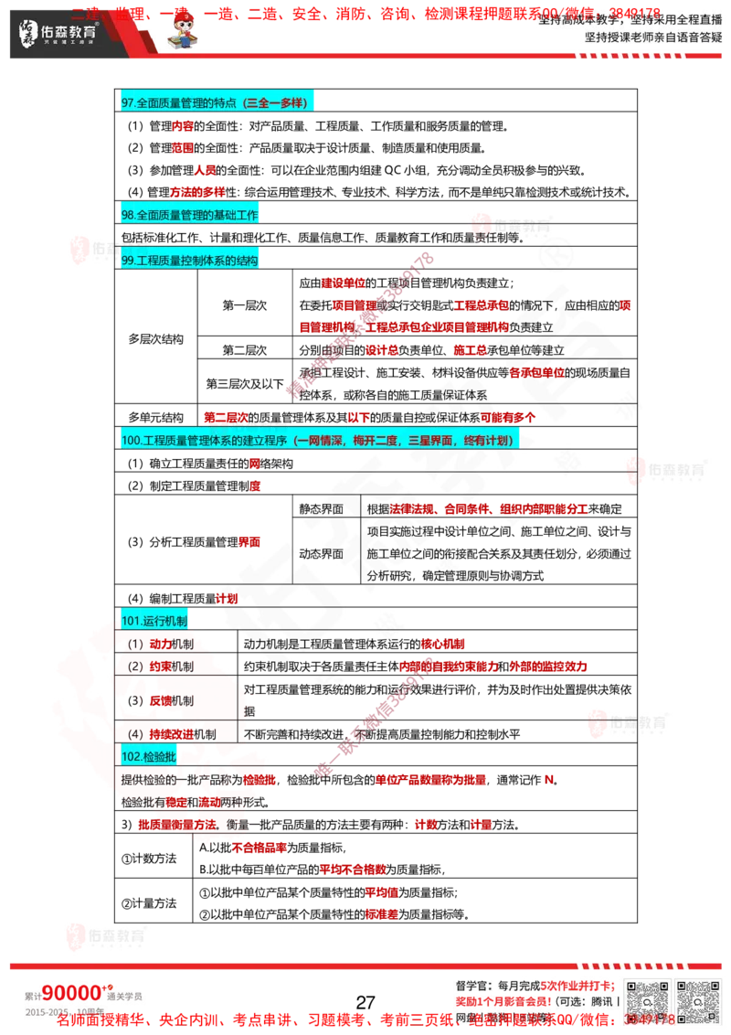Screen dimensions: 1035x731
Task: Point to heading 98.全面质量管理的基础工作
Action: (190, 215)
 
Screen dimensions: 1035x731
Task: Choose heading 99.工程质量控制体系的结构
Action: (190, 261)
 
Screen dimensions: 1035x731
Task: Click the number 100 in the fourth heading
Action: (131, 441)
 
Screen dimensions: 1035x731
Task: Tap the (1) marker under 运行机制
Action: (135, 644)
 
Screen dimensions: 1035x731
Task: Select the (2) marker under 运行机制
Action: (135, 667)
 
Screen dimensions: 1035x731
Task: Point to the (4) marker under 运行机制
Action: (135, 734)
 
